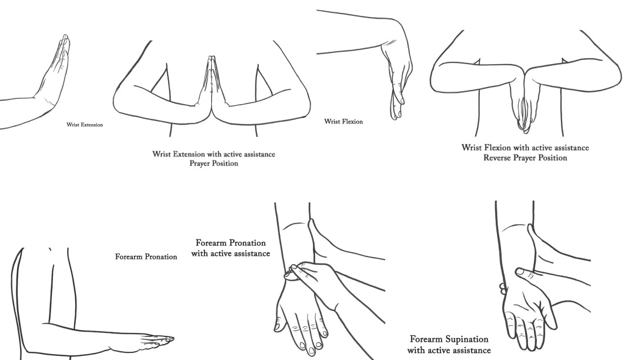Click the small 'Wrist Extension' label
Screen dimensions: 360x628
point(85,125)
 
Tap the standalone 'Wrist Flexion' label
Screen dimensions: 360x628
point(343,122)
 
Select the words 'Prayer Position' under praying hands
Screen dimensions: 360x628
point(213,163)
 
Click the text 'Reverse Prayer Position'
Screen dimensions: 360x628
point(525,157)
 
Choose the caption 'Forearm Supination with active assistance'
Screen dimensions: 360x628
point(449,345)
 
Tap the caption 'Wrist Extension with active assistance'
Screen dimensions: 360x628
point(213,154)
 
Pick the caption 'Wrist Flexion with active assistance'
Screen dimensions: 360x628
point(525,148)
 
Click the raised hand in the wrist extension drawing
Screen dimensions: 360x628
point(57,71)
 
